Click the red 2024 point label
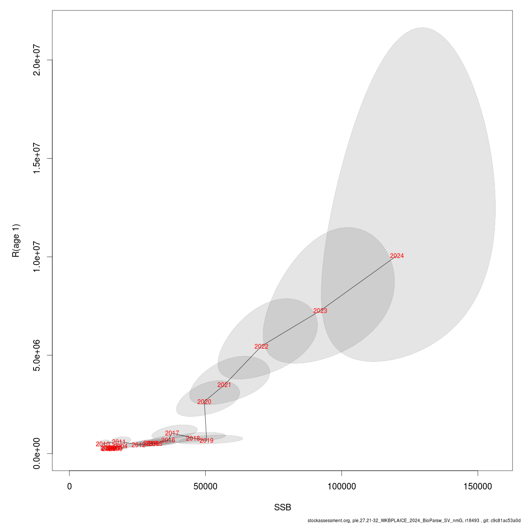click(397, 256)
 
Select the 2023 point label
click(320, 311)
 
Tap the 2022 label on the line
click(261, 346)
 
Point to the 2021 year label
click(224, 385)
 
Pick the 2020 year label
click(204, 402)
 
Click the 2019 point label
click(207, 441)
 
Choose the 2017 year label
click(172, 433)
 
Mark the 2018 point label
click(193, 438)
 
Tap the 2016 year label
click(168, 440)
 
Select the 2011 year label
click(119, 442)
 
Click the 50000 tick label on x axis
click(205, 486)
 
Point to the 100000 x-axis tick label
click(341, 486)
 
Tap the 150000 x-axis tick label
click(478, 486)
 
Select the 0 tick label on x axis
click(69, 486)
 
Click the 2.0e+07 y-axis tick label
click(37, 60)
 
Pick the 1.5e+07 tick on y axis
click(37, 158)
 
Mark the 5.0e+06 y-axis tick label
click(37, 355)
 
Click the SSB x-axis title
click(282, 507)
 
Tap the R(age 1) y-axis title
click(16, 241)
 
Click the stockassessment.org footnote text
click(414, 520)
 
